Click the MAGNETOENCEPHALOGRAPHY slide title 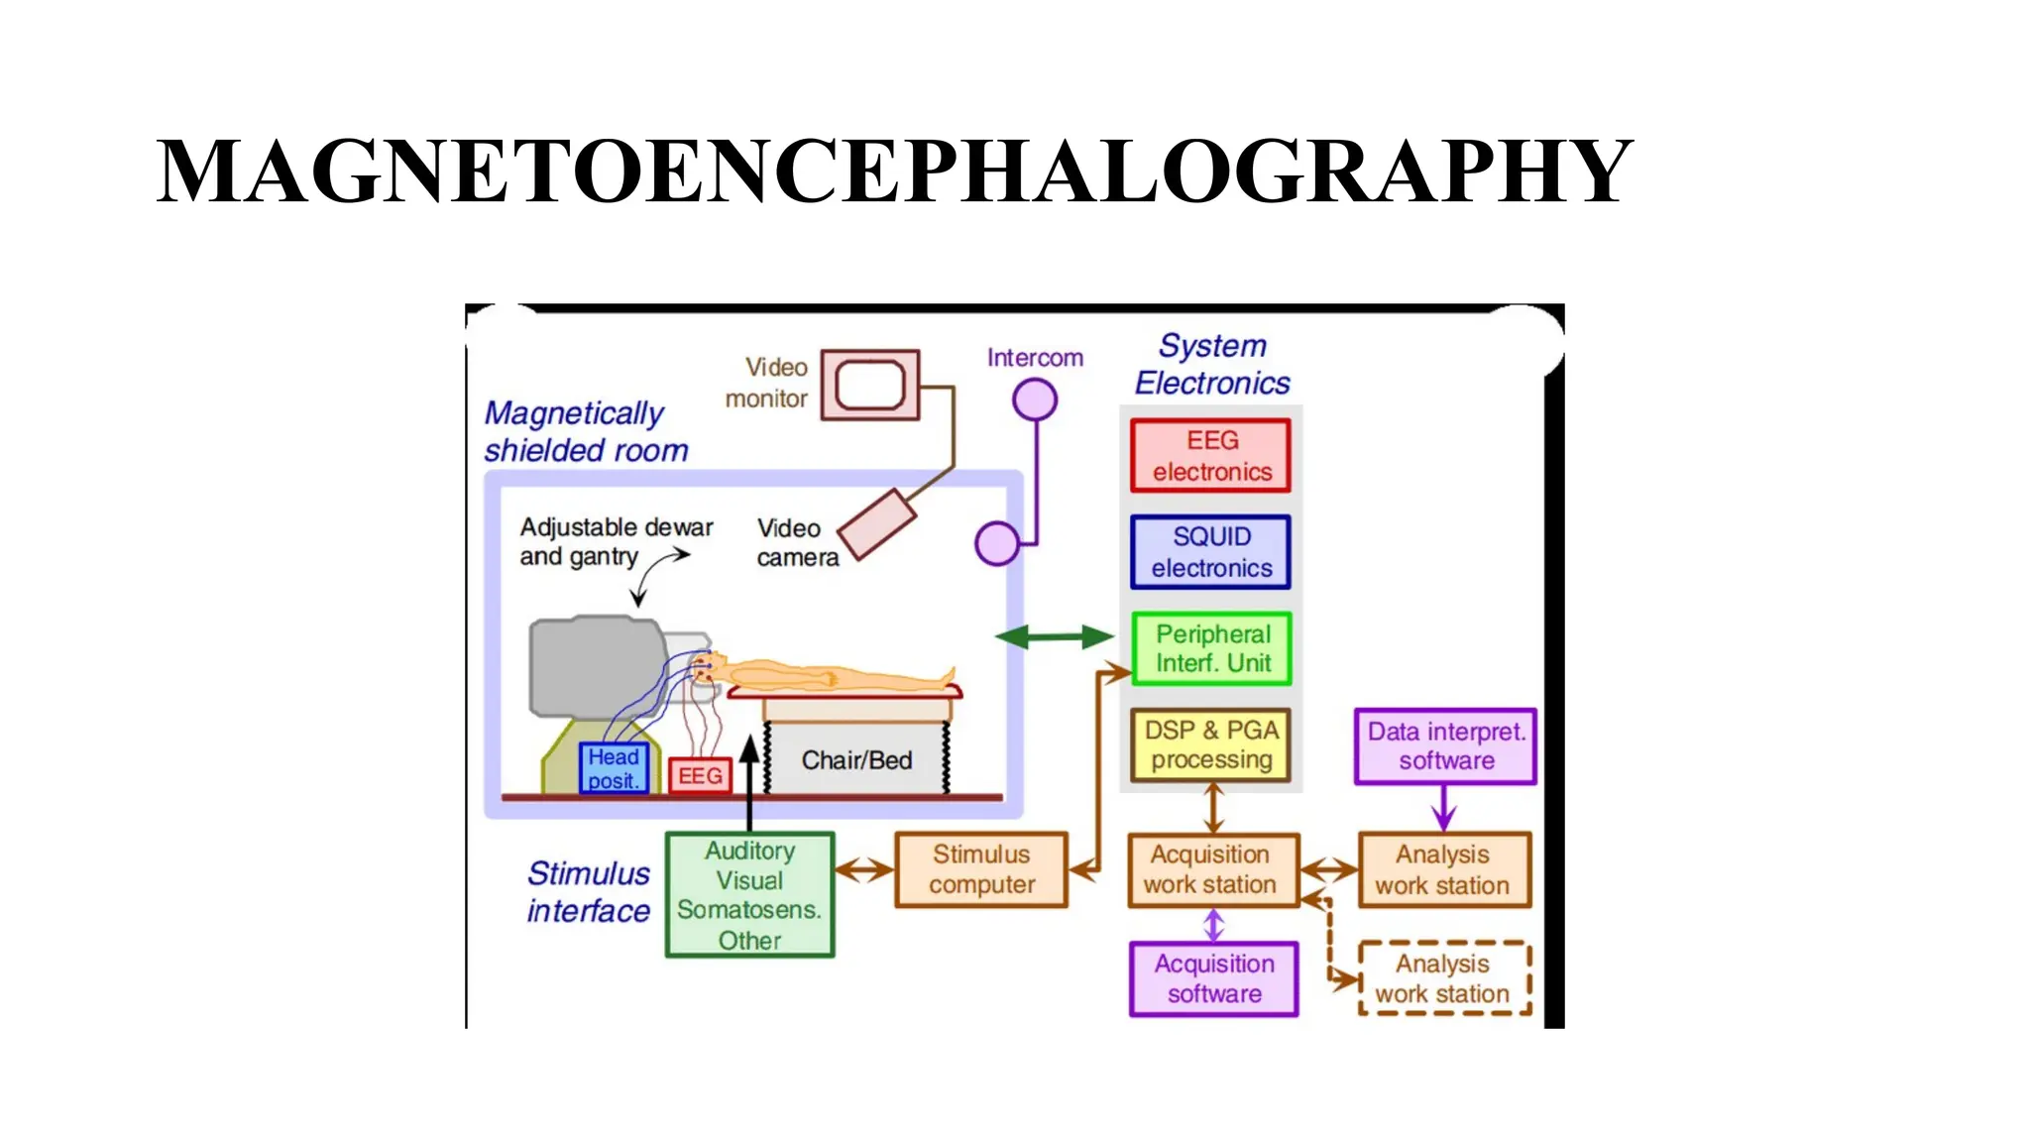point(894,172)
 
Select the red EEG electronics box point(1210,456)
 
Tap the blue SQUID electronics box point(1210,552)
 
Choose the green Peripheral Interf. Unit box point(1211,648)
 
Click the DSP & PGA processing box point(1210,744)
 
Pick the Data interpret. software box point(1445,745)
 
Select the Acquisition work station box point(1212,869)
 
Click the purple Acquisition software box point(1213,978)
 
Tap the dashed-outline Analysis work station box point(1444,978)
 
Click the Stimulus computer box point(980,869)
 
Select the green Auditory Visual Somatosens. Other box point(749,895)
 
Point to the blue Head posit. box point(614,768)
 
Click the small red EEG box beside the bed point(700,775)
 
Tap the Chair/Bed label point(856,760)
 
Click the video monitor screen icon point(869,385)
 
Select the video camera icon point(877,524)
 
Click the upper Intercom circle point(1034,400)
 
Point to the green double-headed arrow point(1055,636)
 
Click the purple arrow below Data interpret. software point(1444,807)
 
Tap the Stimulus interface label point(588,892)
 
